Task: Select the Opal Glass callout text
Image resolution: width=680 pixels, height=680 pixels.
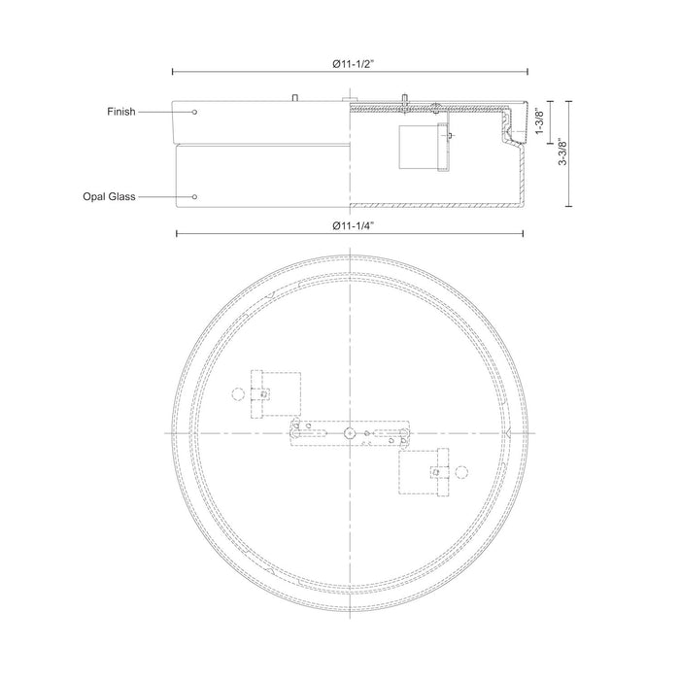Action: coord(109,196)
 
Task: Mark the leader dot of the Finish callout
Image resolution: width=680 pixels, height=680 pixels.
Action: coord(194,112)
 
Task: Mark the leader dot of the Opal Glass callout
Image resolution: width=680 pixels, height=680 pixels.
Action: coord(194,196)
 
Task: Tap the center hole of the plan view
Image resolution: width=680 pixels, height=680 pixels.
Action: coord(349,431)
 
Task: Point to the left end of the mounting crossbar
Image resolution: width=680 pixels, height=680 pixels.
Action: coord(294,432)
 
